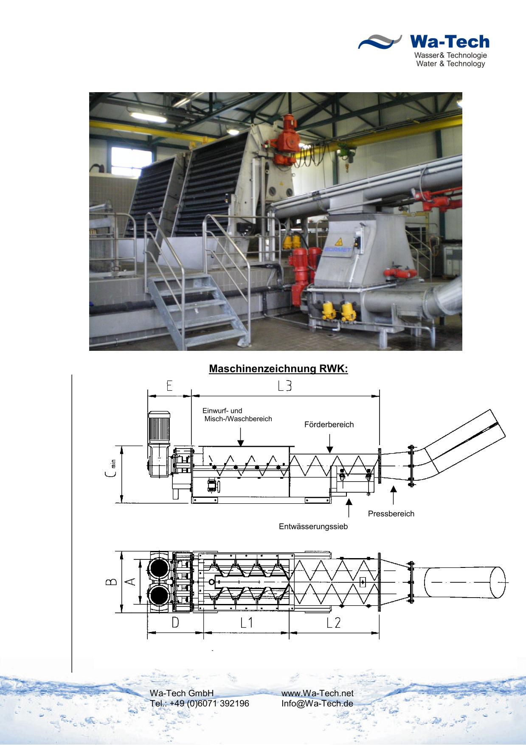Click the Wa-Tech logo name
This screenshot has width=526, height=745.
coord(450,42)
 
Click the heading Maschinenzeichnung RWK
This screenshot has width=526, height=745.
coord(278,369)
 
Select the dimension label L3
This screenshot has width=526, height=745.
coord(285,386)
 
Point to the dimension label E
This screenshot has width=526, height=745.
coord(169,386)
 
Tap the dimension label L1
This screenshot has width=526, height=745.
coord(247,623)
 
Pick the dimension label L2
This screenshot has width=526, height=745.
coord(334,623)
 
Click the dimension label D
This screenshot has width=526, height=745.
coord(175,623)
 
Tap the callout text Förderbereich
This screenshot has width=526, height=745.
coord(329,425)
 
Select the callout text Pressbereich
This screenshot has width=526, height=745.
coord(391,514)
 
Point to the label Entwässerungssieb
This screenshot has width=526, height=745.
coord(313,527)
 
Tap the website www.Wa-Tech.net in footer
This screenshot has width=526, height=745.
coord(318,693)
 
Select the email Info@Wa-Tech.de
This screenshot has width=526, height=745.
coord(317,703)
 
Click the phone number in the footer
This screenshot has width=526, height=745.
coord(200,703)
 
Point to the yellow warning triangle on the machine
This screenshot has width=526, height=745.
coord(339,242)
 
